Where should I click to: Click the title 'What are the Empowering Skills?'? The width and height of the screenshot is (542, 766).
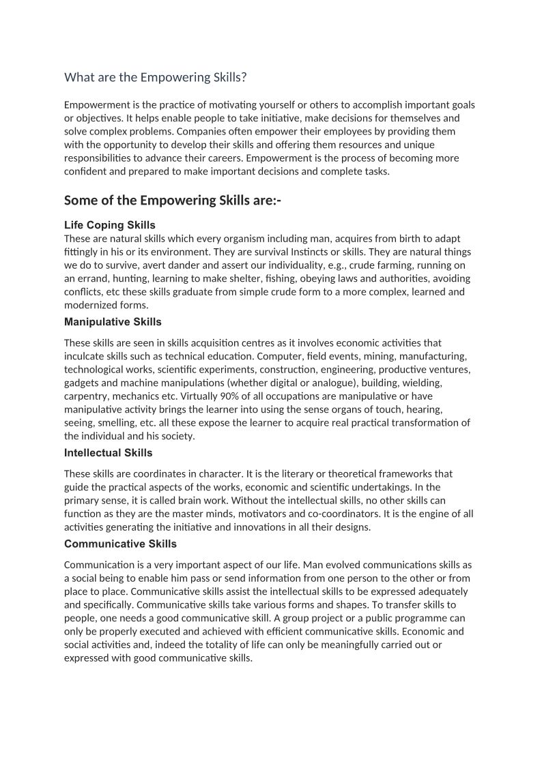(155, 78)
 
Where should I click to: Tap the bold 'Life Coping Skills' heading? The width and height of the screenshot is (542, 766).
(109, 225)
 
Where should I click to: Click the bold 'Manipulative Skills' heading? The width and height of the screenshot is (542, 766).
(113, 321)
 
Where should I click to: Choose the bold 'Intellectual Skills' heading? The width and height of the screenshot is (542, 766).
(108, 453)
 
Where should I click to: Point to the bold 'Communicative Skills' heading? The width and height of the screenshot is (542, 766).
(120, 544)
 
